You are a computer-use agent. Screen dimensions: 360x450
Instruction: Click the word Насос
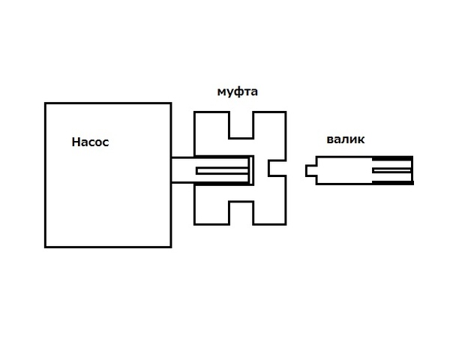pos(91,142)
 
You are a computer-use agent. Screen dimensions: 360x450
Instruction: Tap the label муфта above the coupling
pos(238,92)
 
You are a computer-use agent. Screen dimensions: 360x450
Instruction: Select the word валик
pos(346,139)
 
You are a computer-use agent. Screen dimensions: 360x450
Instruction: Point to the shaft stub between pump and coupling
pos(182,169)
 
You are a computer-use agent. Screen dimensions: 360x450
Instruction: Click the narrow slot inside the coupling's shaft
pos(222,171)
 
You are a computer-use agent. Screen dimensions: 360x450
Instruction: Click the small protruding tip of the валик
pos(310,170)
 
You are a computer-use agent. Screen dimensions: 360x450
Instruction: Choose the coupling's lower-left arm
pos(211,211)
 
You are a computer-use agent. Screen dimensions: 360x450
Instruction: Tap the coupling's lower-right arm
pos(270,211)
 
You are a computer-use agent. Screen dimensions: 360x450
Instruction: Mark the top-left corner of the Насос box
pos(45,103)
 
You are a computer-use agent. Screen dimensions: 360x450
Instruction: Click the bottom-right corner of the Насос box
pos(171,246)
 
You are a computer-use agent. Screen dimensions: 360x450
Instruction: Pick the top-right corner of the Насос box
pos(171,103)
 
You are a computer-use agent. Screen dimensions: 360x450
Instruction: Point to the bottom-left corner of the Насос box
pos(45,246)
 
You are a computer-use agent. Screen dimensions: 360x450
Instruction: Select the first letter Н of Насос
pos(76,142)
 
